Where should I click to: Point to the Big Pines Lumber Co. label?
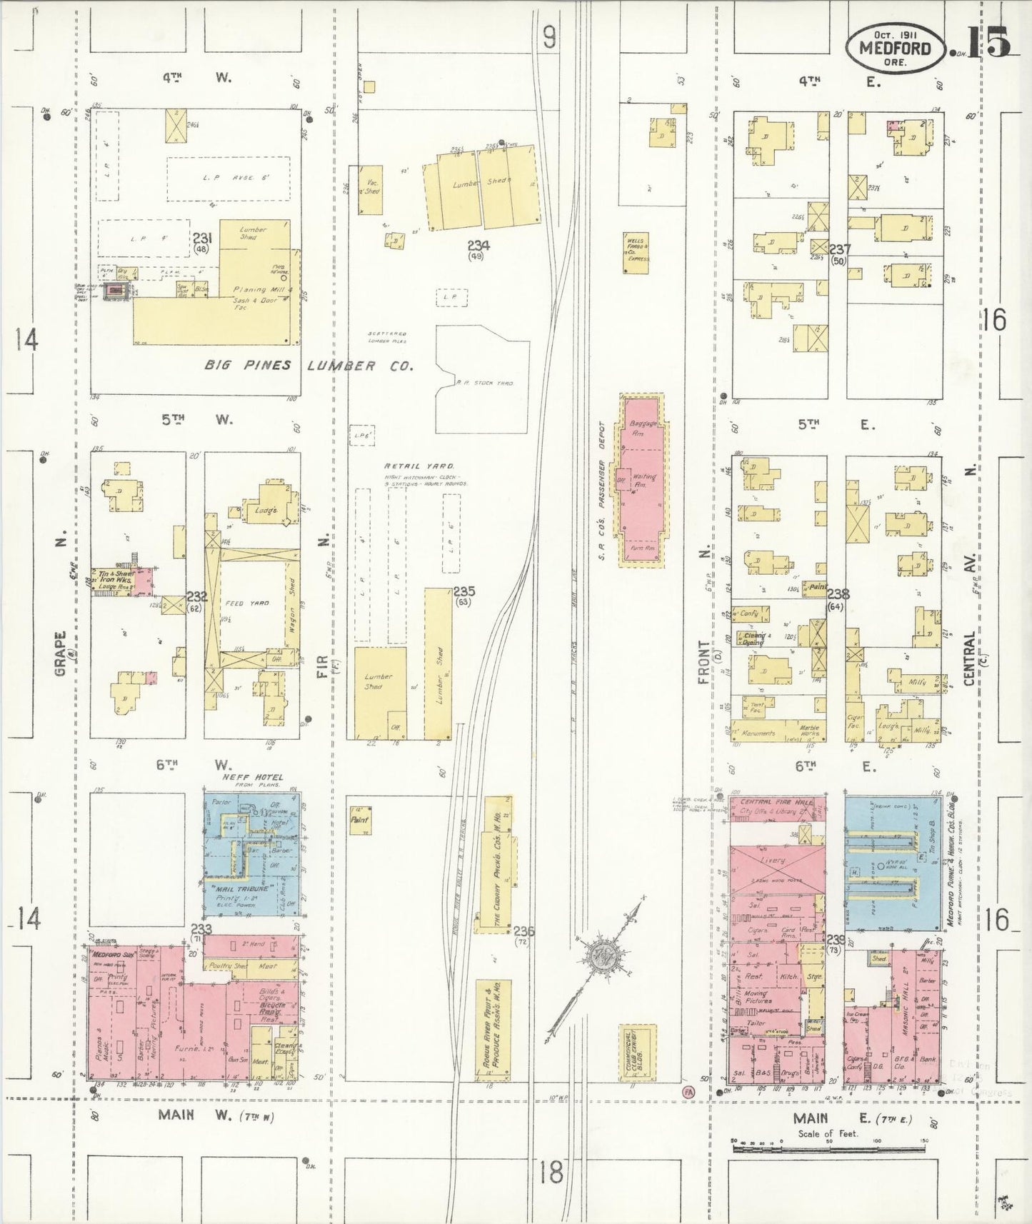point(309,366)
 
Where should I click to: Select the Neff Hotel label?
point(252,777)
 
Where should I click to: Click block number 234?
point(475,246)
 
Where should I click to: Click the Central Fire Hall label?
point(776,801)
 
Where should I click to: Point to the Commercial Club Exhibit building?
point(636,1051)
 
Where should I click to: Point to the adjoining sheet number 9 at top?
point(548,37)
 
